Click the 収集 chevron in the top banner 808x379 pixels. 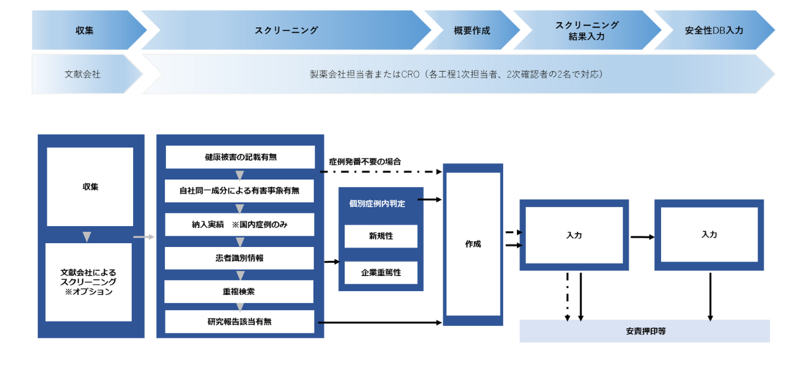(x=85, y=30)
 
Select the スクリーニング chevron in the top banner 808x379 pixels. (x=286, y=30)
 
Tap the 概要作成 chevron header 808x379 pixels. (x=472, y=30)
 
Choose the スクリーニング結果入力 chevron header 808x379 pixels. (x=586, y=30)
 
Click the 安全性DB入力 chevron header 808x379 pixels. (x=714, y=30)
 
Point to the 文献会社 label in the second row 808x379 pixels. (x=83, y=74)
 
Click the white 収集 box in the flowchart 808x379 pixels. (x=90, y=187)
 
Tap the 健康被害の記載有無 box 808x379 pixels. (x=240, y=157)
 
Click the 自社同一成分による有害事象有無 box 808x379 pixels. (x=240, y=190)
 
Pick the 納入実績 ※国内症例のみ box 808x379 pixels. (x=240, y=224)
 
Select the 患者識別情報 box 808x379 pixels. (x=240, y=258)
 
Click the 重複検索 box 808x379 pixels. (x=240, y=292)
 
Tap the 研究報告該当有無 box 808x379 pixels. (x=240, y=322)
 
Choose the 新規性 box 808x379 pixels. (x=381, y=236)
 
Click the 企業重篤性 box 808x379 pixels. (x=381, y=273)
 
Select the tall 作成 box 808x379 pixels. (x=473, y=244)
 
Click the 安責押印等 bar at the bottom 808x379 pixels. (x=645, y=331)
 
